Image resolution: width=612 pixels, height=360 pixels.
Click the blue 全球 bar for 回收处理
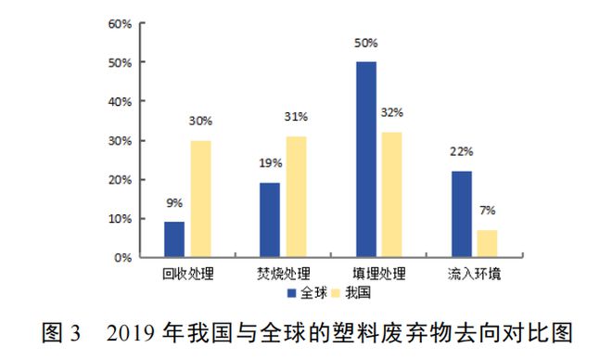click(x=174, y=239)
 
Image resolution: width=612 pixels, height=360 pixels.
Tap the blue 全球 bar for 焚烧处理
click(x=269, y=220)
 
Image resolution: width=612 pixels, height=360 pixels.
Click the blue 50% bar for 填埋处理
click(x=366, y=160)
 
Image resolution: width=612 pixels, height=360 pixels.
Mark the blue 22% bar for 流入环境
click(x=461, y=214)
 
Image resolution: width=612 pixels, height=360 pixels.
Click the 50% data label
click(x=366, y=43)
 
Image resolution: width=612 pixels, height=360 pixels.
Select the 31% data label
click(x=297, y=117)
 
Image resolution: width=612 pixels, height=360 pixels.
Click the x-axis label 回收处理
click(x=185, y=275)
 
